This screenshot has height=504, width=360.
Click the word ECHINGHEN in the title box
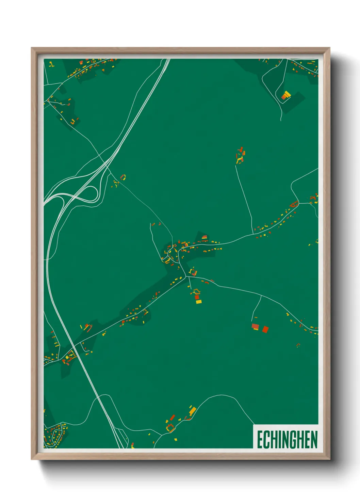click(x=287, y=440)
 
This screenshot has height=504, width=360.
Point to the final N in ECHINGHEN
click(x=314, y=440)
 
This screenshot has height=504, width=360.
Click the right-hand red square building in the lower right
click(x=265, y=329)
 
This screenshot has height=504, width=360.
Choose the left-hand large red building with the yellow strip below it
click(x=255, y=327)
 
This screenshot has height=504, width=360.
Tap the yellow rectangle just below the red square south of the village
click(x=199, y=302)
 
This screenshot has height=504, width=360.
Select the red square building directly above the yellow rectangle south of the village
click(x=197, y=297)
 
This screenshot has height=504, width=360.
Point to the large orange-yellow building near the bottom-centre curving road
click(x=193, y=411)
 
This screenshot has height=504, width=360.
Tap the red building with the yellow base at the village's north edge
click(x=204, y=237)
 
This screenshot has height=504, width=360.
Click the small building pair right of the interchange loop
click(x=123, y=177)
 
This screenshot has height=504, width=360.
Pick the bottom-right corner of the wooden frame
click(x=329, y=459)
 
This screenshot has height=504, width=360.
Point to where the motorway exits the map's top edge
click(x=168, y=59)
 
